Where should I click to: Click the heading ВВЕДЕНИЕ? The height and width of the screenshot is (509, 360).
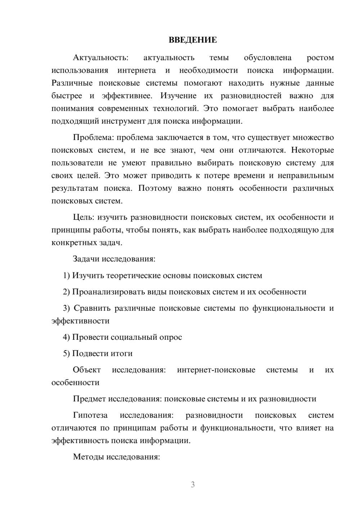(193, 40)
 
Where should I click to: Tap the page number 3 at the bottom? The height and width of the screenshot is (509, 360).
(193, 485)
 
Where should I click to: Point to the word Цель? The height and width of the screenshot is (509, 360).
(84, 217)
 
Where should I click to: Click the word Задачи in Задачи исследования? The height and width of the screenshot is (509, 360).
(86, 259)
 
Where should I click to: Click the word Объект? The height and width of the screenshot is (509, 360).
(87, 370)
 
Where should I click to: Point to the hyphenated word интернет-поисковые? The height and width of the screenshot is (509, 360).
(216, 370)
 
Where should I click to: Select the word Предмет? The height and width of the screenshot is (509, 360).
(89, 399)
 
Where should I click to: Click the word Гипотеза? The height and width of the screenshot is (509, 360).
(90, 415)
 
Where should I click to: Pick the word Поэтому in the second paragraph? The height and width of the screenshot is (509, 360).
(155, 188)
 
